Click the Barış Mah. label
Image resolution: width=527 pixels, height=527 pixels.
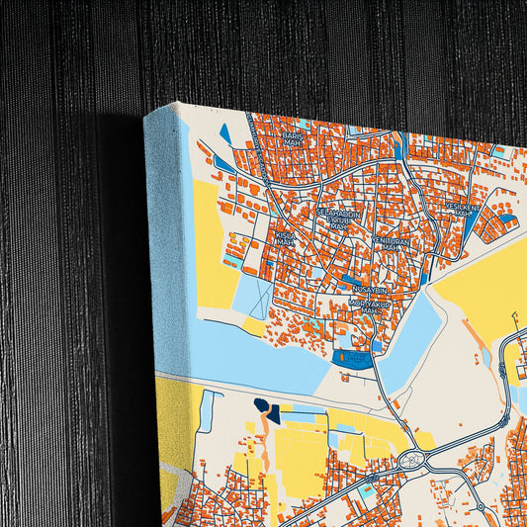coord(292,139)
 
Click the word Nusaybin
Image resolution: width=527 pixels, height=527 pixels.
coord(370,288)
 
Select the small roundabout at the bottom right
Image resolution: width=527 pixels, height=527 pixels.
coord(481,507)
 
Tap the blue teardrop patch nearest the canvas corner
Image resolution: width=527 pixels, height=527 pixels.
coord(225,132)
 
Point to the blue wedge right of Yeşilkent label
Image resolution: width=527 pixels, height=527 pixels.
coord(506,219)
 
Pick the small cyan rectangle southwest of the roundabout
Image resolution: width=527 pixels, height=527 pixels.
coord(368,490)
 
